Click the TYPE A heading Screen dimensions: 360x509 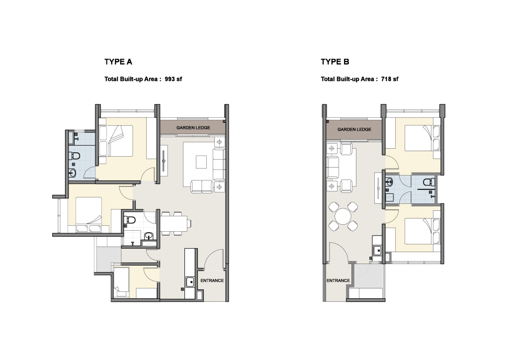coord(118,62)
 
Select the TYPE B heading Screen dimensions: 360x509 coord(335,62)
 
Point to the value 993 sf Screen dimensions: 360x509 coord(173,79)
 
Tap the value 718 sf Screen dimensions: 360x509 coord(390,79)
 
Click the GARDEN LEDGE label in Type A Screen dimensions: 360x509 coord(193,128)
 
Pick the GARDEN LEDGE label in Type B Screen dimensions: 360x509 coord(354,129)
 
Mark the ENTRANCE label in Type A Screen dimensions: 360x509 coord(212,280)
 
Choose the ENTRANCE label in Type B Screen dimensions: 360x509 coord(338,280)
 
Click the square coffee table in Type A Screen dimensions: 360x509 coord(201,162)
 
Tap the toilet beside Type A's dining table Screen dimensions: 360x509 coord(130,220)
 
